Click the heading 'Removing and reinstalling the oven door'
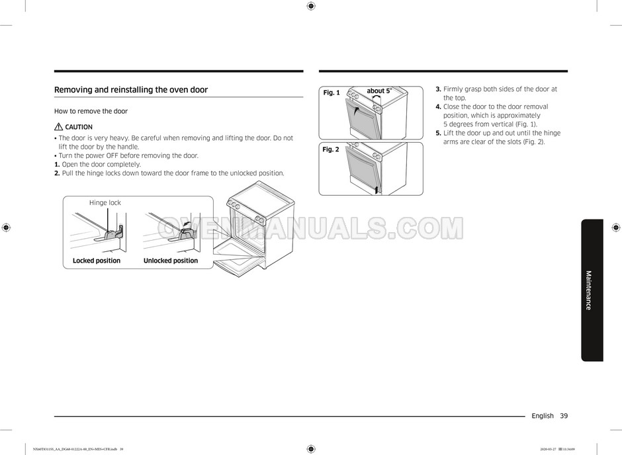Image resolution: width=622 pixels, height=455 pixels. (130, 90)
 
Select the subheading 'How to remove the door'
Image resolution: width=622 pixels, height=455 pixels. (91, 111)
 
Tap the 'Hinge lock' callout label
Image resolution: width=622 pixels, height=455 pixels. (105, 203)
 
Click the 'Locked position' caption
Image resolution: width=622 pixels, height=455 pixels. (97, 261)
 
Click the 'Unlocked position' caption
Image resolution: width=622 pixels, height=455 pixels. (171, 261)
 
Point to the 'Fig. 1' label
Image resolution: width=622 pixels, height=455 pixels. (331, 93)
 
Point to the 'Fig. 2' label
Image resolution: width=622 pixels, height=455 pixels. (330, 149)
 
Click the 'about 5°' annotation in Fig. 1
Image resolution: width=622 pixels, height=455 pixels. (379, 91)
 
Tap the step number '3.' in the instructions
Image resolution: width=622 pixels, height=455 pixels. (438, 89)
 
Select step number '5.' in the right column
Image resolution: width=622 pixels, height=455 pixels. (438, 133)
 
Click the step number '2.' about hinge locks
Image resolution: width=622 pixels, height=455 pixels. (57, 173)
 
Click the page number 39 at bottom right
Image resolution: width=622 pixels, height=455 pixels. (563, 416)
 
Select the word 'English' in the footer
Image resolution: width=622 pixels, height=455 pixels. (542, 416)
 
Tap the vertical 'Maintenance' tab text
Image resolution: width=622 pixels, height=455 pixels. (588, 290)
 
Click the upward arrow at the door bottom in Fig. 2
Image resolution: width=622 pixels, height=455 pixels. (377, 189)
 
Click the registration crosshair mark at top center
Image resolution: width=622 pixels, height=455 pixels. (311, 6)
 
